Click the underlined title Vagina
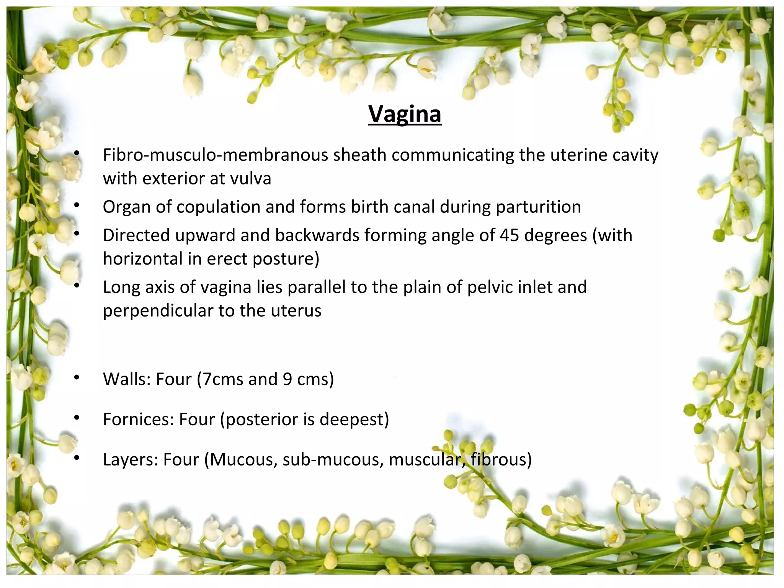(x=405, y=114)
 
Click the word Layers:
(x=130, y=459)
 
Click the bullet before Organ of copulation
(x=77, y=206)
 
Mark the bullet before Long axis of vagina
(x=77, y=285)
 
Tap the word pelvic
(x=490, y=287)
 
